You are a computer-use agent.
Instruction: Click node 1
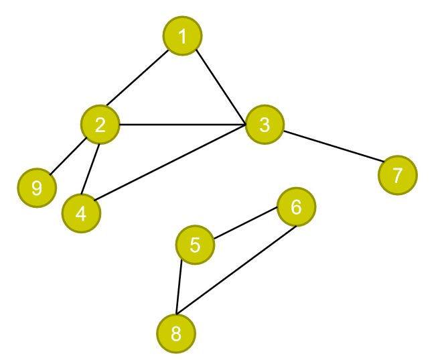click(x=182, y=36)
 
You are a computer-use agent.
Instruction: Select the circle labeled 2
click(x=100, y=124)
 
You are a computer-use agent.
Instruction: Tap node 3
click(x=265, y=124)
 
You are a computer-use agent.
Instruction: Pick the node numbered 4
click(x=81, y=213)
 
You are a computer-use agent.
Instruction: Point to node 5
click(x=195, y=245)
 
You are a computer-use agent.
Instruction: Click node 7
click(x=397, y=175)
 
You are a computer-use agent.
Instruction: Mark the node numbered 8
click(x=176, y=333)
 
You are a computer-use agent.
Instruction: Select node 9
click(x=37, y=188)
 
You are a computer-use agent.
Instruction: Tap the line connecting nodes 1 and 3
click(x=220, y=86)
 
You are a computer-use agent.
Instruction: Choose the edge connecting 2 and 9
click(x=68, y=156)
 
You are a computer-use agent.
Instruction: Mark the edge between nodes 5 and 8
click(x=179, y=286)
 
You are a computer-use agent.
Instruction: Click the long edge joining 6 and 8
click(x=236, y=270)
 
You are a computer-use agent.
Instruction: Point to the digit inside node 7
click(x=397, y=175)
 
